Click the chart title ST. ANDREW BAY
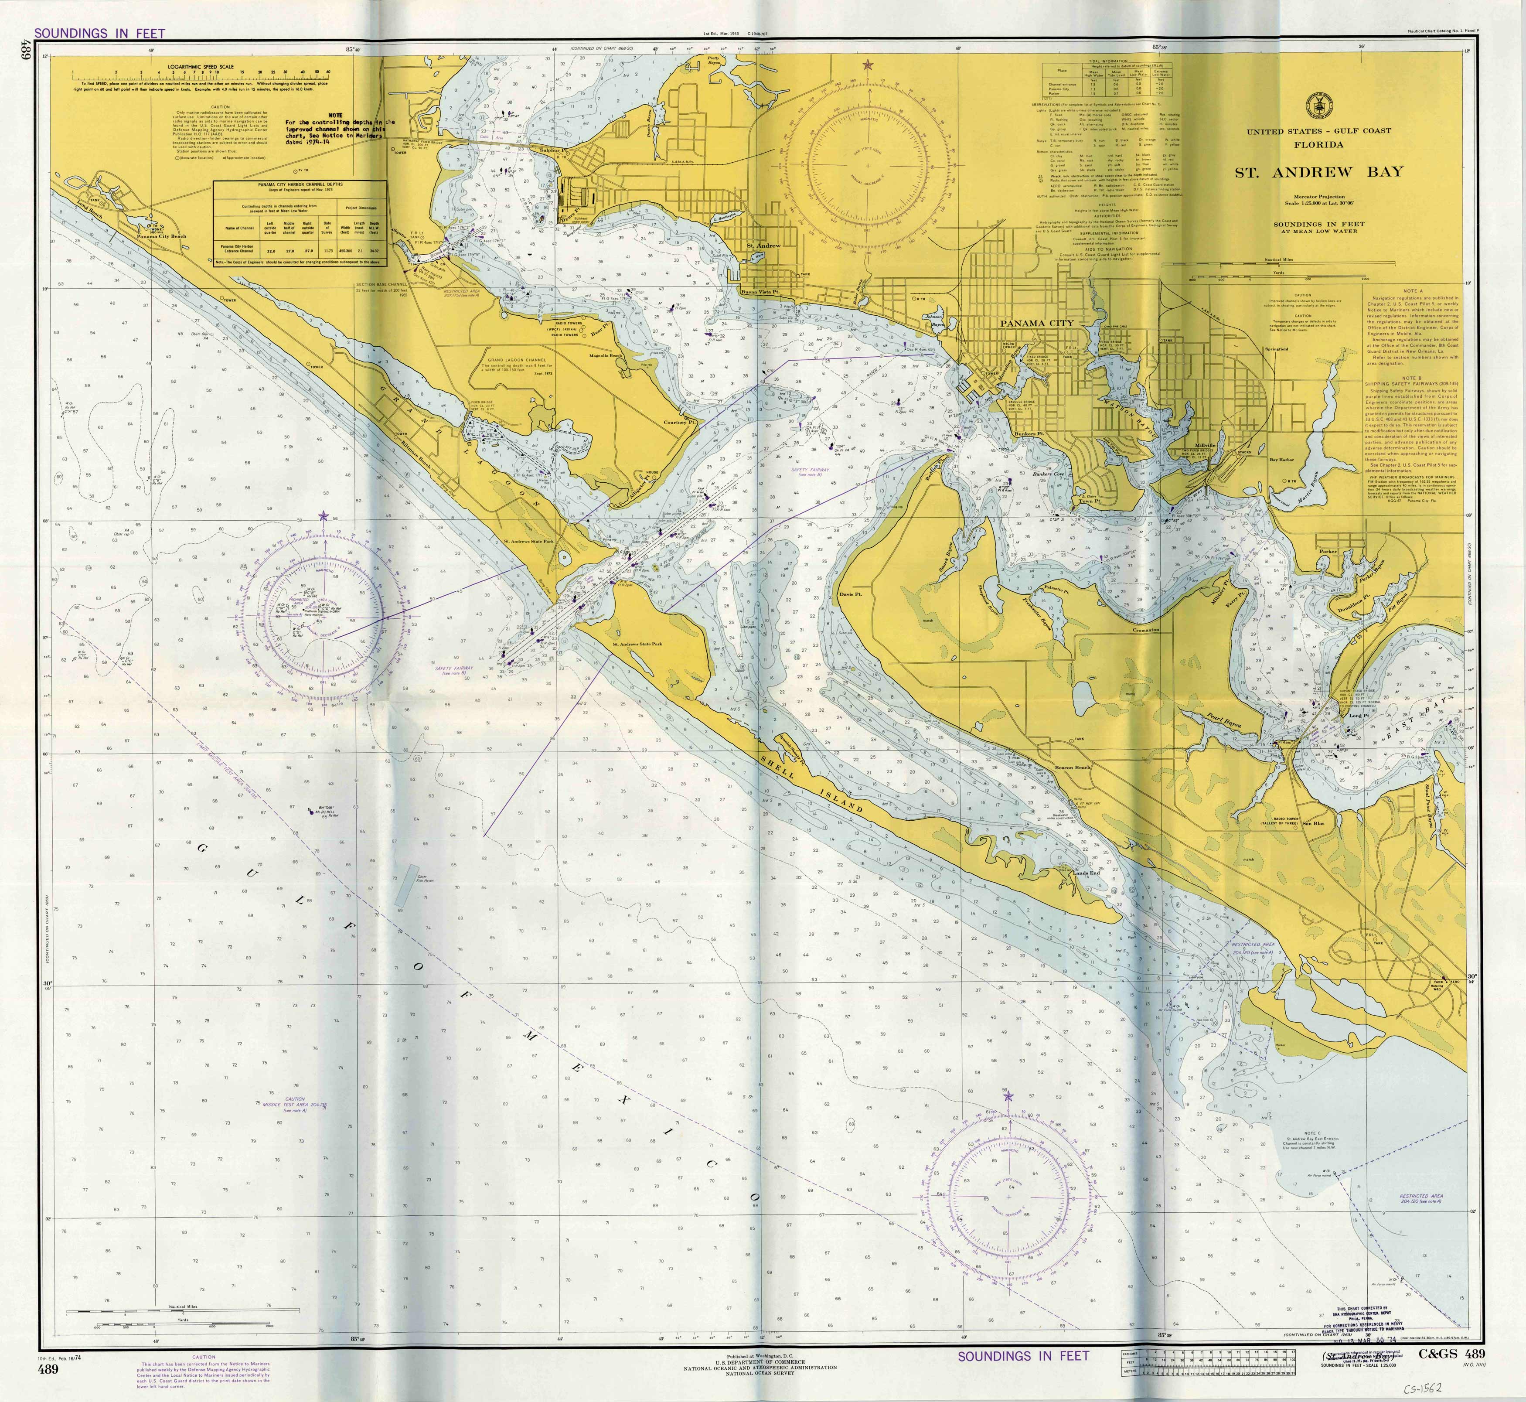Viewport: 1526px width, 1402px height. (1318, 172)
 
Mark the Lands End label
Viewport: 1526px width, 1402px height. (1085, 873)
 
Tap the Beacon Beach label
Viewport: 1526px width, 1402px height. (1073, 767)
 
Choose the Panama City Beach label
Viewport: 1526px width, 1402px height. (161, 236)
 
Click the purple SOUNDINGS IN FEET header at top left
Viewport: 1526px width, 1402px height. (99, 34)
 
